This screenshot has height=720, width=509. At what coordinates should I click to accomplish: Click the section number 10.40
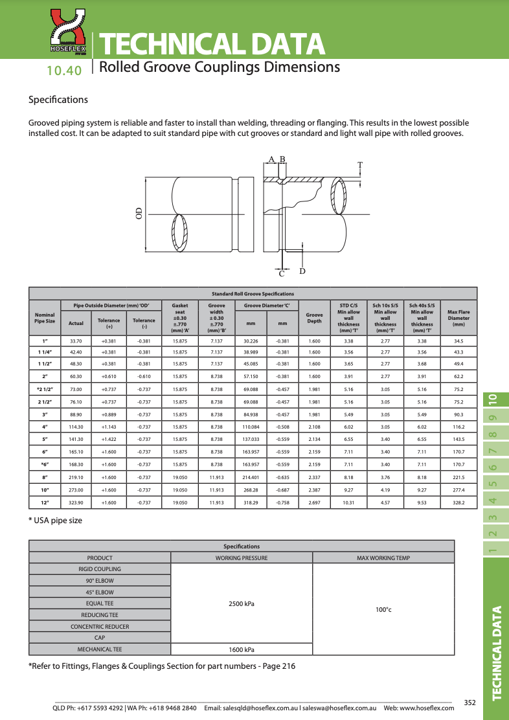[64, 71]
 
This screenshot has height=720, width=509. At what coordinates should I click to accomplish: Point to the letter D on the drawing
[302, 271]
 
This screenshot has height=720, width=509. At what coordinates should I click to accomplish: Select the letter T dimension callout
[359, 164]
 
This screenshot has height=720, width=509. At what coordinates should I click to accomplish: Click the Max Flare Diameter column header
[458, 318]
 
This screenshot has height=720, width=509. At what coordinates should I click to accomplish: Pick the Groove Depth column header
[314, 318]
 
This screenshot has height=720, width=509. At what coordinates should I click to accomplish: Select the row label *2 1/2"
[45, 390]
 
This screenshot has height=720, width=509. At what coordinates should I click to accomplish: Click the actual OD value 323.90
[76, 502]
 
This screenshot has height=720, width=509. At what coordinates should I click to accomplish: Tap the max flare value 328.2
[458, 502]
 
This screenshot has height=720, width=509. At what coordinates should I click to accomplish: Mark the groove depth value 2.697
[314, 502]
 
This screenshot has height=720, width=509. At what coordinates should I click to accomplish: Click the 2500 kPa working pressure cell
[242, 603]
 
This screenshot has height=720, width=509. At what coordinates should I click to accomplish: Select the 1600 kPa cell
[242, 649]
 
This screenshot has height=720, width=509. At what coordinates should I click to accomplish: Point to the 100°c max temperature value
[383, 609]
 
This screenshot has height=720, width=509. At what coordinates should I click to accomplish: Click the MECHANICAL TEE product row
[100, 649]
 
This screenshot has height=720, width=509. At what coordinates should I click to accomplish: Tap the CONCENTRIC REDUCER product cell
[100, 626]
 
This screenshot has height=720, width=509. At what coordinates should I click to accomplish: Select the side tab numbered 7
[493, 450]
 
